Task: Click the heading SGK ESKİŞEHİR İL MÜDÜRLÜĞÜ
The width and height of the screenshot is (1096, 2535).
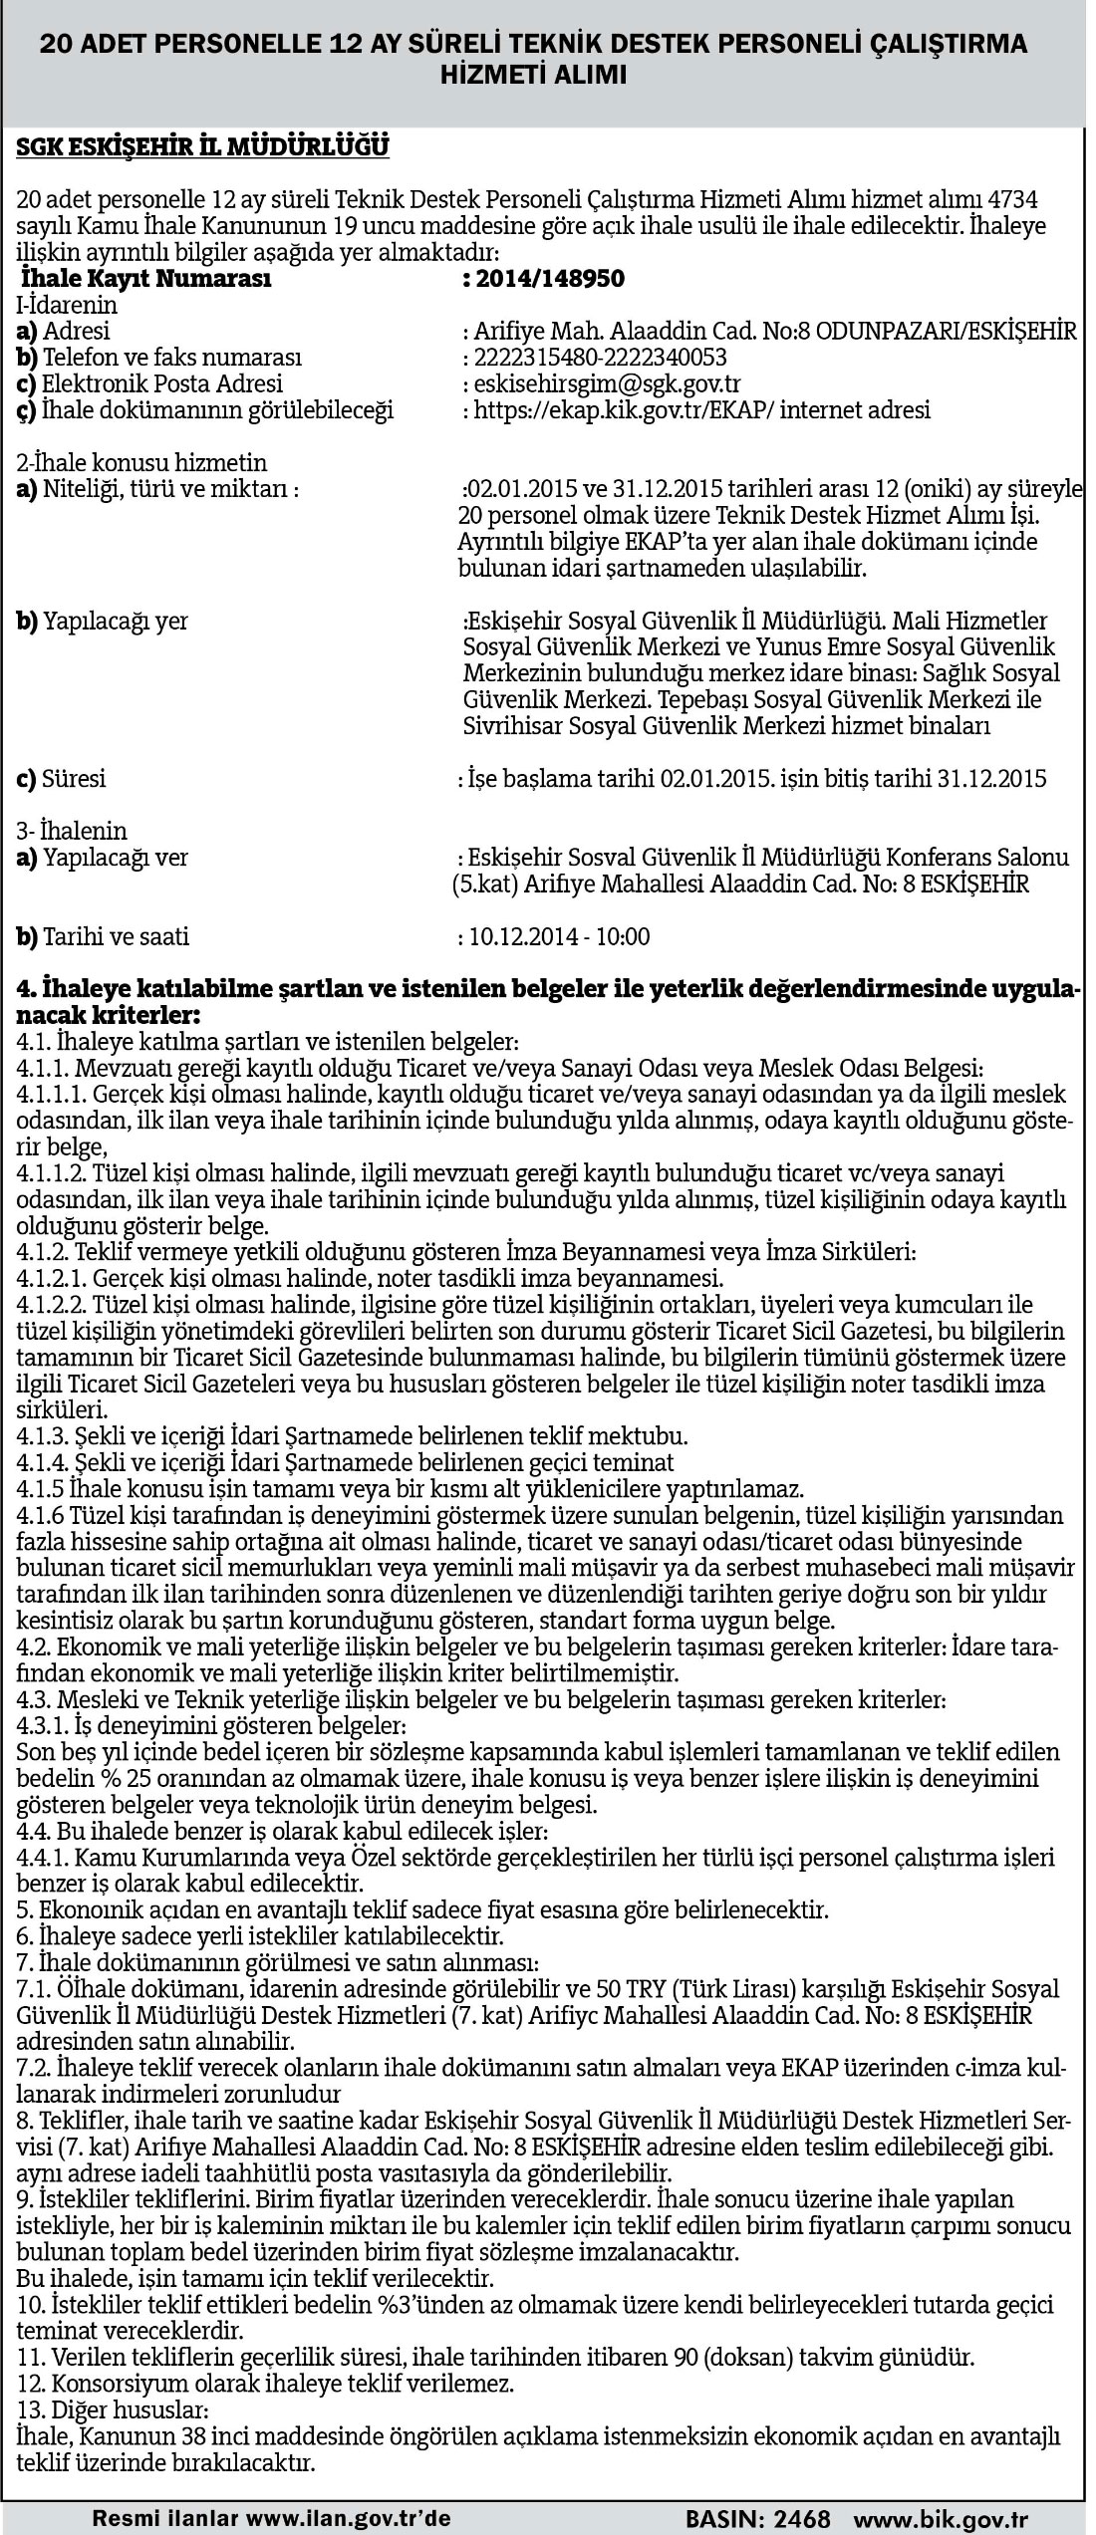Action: tap(202, 147)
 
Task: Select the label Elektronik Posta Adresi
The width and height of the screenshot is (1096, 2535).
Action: tap(161, 383)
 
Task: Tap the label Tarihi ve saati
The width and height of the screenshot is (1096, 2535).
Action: tap(115, 936)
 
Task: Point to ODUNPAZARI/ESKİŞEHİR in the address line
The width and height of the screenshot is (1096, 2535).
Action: tap(946, 331)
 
